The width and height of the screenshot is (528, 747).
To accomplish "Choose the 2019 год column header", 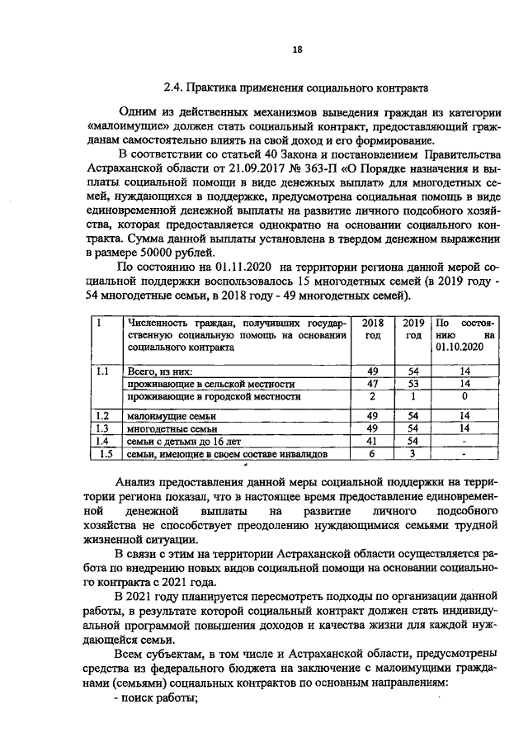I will [413, 330].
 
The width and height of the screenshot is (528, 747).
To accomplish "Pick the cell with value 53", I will [413, 384].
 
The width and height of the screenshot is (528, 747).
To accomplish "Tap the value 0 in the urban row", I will [464, 397].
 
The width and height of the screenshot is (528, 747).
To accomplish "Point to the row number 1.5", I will [105, 454].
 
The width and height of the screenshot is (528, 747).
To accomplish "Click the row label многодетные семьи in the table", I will [172, 429].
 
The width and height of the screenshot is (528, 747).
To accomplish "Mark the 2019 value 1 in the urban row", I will [413, 397].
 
